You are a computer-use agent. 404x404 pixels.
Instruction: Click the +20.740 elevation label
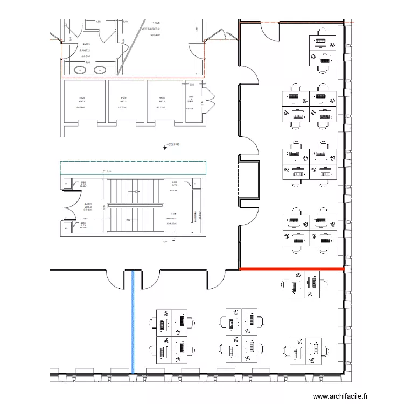172,144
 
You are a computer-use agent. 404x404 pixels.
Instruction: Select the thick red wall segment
291,268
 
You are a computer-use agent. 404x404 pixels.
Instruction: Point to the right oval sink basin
100,69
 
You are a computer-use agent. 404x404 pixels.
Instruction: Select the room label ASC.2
123,101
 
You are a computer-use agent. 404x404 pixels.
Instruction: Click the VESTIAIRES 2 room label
152,29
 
